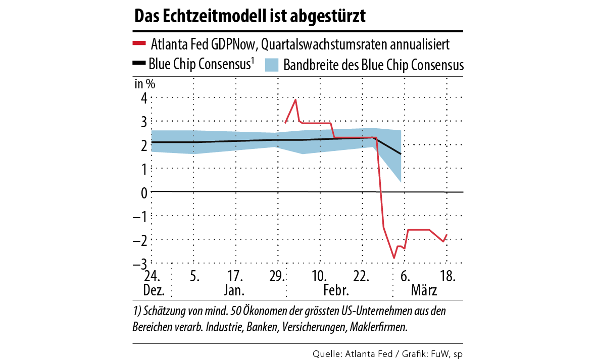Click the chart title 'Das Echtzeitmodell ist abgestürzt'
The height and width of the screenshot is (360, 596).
click(x=250, y=16)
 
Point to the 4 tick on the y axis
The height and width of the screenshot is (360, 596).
click(x=143, y=98)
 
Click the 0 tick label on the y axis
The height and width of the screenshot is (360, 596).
click(x=143, y=192)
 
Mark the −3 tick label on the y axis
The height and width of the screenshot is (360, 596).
click(x=141, y=264)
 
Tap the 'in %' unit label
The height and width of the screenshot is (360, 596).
click(x=144, y=84)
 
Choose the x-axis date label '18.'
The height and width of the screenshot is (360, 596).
click(x=447, y=277)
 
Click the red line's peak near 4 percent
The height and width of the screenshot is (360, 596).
click(x=295, y=100)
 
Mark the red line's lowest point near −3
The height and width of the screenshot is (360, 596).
click(x=394, y=258)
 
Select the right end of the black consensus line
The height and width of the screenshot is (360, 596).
click(x=401, y=154)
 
